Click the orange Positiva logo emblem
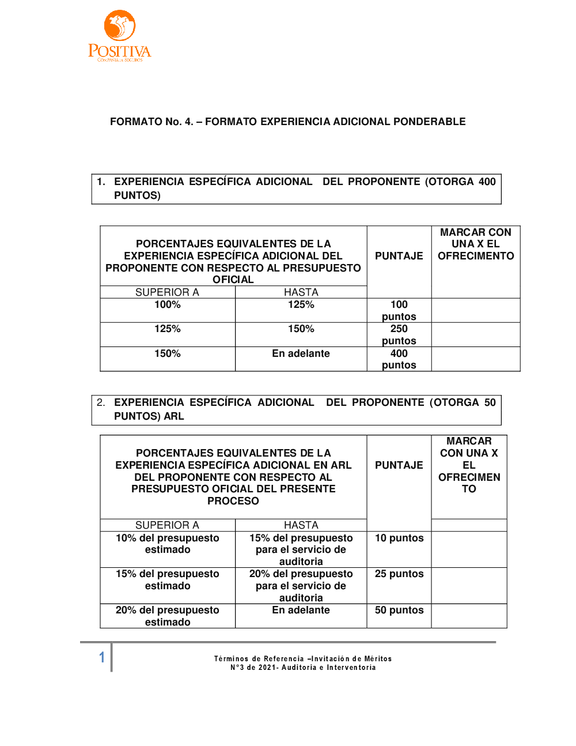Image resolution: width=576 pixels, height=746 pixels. pos(119,26)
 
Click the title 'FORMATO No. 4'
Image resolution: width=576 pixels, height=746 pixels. pos(151,122)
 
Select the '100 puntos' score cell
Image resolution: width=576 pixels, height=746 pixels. pos(399,310)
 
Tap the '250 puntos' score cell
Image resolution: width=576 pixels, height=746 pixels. pos(399,334)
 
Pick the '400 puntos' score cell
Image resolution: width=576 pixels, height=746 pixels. pos(399,359)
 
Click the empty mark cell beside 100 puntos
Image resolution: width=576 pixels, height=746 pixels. pos(475,310)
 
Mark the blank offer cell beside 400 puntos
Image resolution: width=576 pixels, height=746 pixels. pos(475,359)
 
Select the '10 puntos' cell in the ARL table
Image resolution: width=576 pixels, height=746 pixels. pos(399,538)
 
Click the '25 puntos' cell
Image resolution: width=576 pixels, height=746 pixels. pos(399,574)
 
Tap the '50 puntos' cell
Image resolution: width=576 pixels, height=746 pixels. pos(399,610)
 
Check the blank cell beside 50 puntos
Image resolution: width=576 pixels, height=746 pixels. pos(469,616)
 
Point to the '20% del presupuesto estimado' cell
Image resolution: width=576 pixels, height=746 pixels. pos(167,616)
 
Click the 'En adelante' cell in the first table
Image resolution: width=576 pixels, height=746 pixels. pos(301,353)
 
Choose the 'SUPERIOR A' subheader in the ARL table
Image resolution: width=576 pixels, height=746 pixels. pos(167,525)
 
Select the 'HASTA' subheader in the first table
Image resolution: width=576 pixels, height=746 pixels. pos(301,292)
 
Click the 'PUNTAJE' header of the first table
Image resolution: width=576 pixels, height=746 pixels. pos(399,256)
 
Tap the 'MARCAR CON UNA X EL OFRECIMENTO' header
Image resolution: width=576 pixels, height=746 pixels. pos(475,244)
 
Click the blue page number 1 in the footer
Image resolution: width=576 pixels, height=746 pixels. pos(102,657)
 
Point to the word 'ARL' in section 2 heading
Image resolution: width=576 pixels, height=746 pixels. pos(173,416)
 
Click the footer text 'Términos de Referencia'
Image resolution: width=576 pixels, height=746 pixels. pos(259,659)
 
